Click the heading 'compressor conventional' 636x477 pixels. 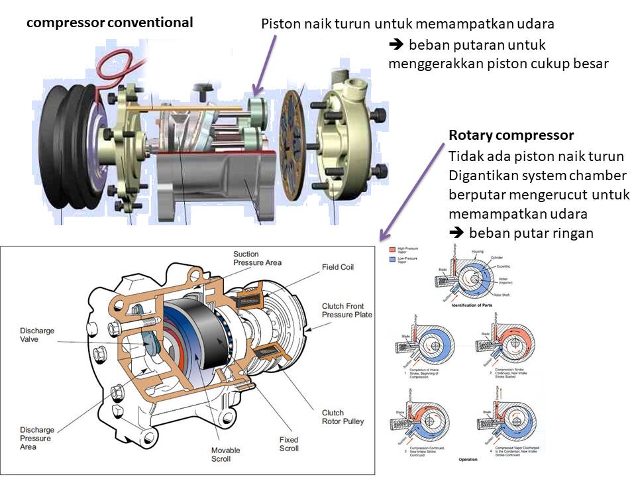(x=109, y=23)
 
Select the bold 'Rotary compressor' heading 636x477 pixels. (x=511, y=136)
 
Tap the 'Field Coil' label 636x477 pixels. (x=338, y=268)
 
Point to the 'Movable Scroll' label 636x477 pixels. (x=225, y=454)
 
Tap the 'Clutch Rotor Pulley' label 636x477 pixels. (x=343, y=417)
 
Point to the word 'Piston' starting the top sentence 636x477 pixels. (x=279, y=24)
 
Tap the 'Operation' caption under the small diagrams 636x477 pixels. (x=467, y=458)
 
